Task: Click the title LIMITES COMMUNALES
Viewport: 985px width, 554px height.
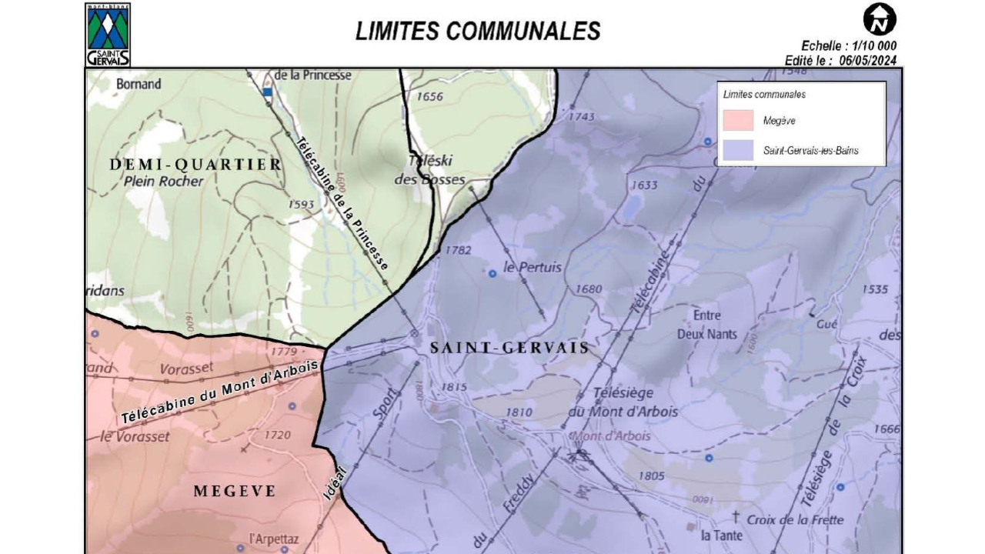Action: point(477,31)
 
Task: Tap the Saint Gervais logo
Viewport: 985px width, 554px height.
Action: point(108,35)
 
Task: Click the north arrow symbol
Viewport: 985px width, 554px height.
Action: point(879,19)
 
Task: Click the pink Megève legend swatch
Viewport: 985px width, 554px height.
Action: point(738,120)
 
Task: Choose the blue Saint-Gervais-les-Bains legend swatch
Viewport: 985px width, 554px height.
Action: point(738,150)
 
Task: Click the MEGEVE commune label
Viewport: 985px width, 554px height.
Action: point(234,491)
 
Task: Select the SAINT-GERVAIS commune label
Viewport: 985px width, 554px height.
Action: point(509,348)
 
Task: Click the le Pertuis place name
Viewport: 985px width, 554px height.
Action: point(533,268)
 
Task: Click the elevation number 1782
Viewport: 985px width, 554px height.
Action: point(458,250)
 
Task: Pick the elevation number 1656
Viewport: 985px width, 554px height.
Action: point(430,96)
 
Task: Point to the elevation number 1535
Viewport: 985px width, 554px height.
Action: point(875,289)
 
